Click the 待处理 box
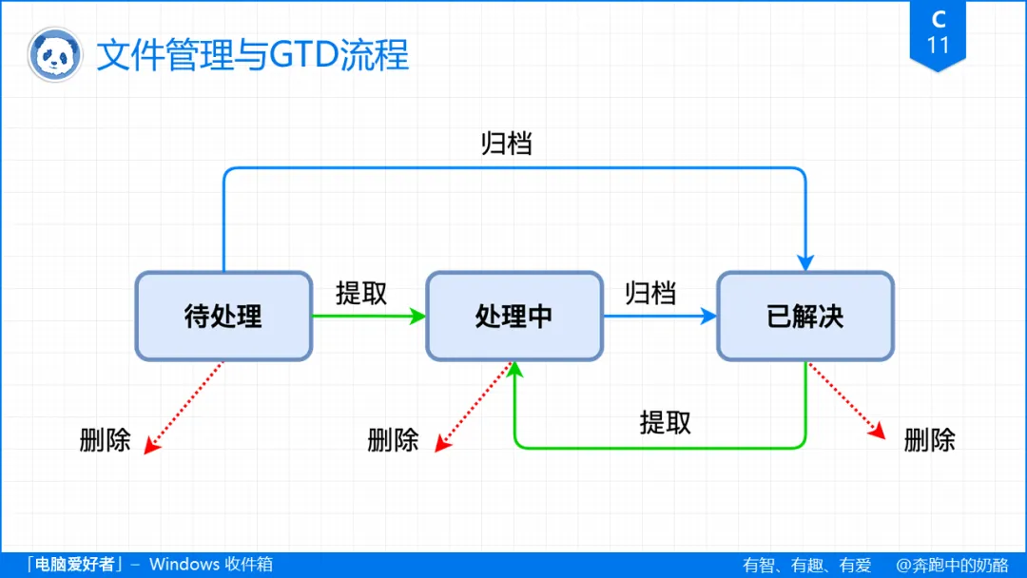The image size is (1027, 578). (223, 317)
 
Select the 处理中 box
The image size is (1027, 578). (513, 317)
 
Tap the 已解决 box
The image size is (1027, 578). (804, 317)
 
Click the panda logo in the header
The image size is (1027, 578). (53, 55)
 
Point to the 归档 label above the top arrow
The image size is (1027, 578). (506, 144)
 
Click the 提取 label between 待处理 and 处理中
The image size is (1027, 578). (361, 293)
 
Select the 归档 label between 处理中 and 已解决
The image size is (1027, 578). (650, 293)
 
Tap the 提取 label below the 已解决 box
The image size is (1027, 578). (666, 422)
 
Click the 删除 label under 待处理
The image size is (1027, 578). (105, 440)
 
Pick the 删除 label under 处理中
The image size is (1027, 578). (393, 440)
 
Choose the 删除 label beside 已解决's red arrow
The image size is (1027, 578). (929, 440)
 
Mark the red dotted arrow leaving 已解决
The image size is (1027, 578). (846, 401)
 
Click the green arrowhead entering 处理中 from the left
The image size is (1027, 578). (417, 317)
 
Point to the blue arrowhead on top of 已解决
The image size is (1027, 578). (805, 261)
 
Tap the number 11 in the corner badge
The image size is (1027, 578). (938, 44)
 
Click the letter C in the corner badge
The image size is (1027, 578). (939, 19)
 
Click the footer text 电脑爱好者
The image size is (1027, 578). (72, 565)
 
